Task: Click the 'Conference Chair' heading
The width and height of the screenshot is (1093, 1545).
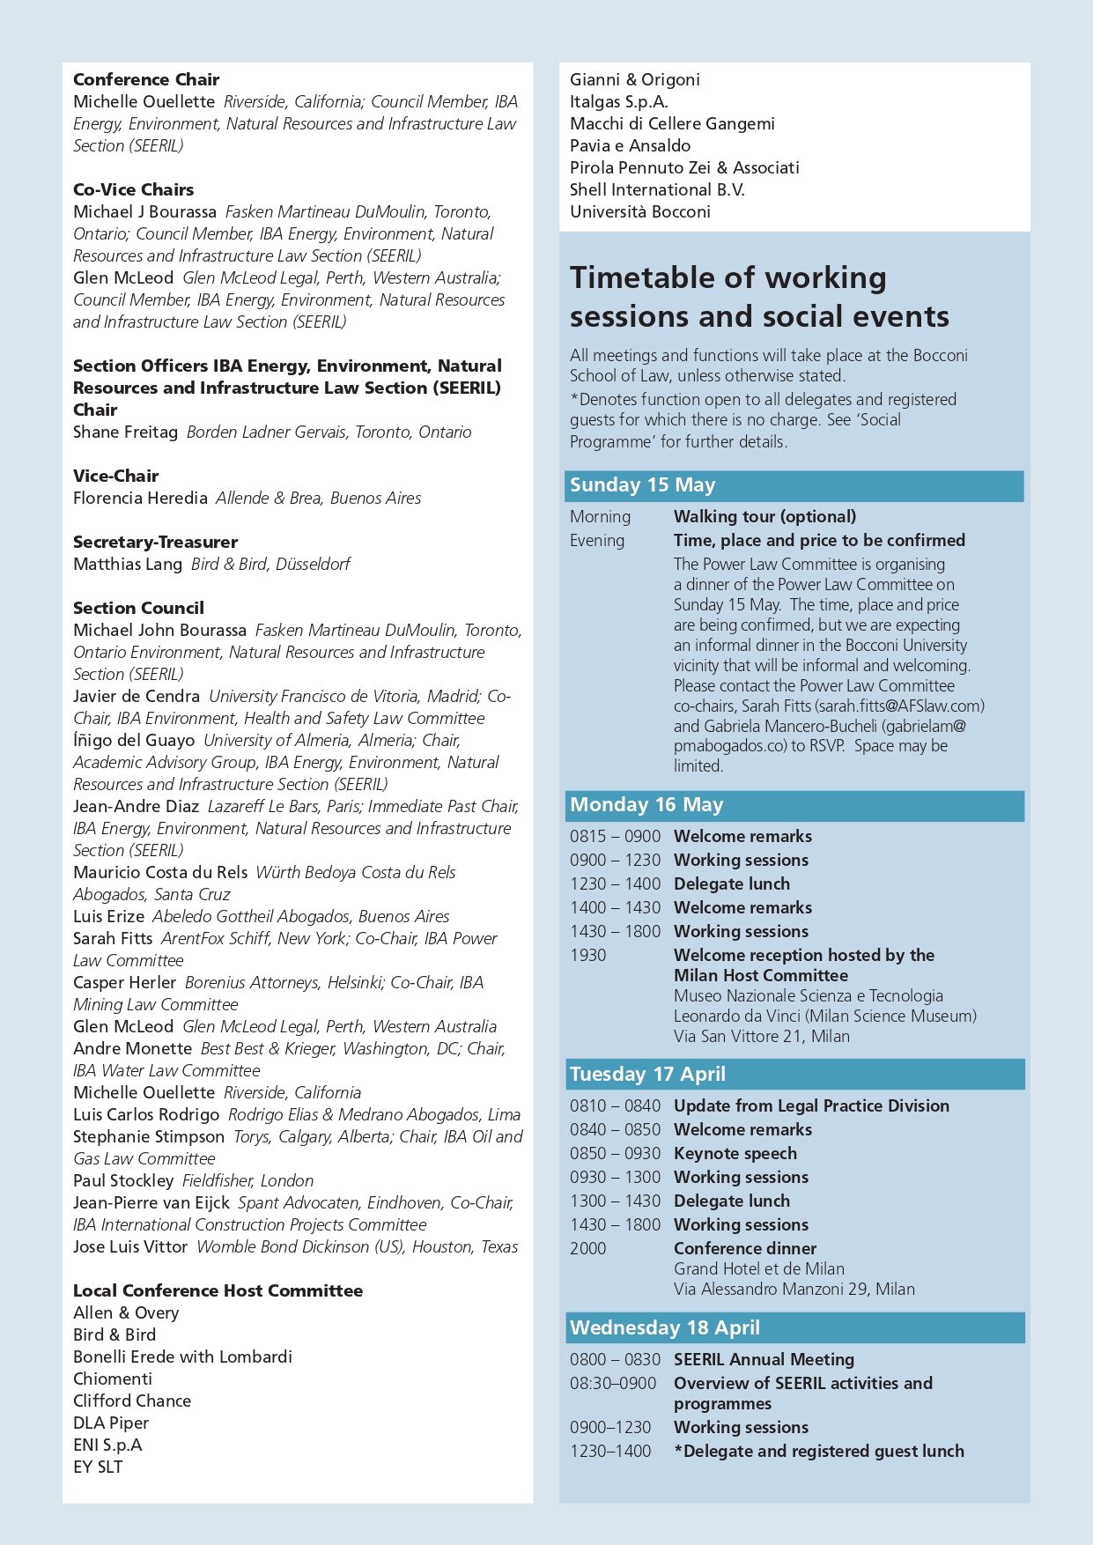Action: click(146, 79)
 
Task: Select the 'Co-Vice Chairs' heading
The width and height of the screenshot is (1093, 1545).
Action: click(133, 189)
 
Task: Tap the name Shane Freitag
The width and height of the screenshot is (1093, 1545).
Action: click(125, 432)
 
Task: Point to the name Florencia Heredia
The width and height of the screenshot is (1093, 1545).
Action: click(140, 498)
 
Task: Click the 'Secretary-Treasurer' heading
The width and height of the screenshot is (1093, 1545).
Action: click(155, 542)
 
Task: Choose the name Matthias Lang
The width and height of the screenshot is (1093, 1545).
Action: click(128, 564)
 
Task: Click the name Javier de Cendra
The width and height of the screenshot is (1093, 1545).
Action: click(137, 696)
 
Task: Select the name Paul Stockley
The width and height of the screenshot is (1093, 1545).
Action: click(123, 1180)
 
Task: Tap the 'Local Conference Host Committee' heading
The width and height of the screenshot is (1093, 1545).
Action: click(218, 1290)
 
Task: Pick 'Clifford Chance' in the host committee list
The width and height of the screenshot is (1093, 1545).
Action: click(132, 1401)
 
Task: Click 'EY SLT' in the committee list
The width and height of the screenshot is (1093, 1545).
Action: click(98, 1467)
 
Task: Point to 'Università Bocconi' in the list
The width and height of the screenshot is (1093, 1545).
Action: click(640, 211)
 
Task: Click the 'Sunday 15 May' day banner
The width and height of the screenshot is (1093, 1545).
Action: click(642, 485)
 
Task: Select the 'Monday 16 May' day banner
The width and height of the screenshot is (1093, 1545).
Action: click(646, 805)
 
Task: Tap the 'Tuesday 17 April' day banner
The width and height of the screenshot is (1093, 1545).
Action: click(647, 1075)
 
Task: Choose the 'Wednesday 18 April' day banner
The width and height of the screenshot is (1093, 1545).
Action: click(664, 1328)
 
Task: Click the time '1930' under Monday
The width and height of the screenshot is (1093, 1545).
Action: click(588, 955)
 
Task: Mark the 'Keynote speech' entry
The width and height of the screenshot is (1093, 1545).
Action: click(735, 1153)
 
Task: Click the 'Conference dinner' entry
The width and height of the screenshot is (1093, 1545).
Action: click(745, 1248)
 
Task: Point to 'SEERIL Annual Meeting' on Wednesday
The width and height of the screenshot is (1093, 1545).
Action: click(764, 1359)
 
